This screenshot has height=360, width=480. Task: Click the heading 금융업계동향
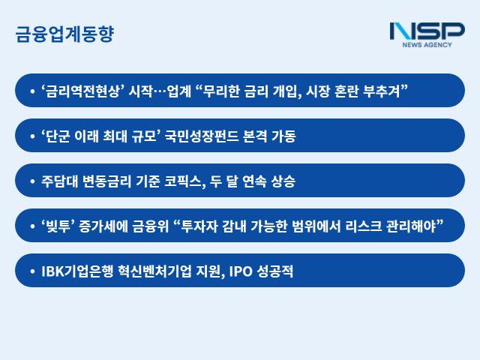coord(64,34)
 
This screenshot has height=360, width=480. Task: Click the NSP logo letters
coord(427,31)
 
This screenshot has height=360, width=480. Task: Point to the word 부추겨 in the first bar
coord(385,91)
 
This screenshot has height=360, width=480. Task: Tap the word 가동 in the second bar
coord(282,136)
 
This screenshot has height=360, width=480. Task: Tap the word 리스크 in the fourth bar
coord(361,226)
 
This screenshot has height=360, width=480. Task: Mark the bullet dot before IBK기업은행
coord(32,271)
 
